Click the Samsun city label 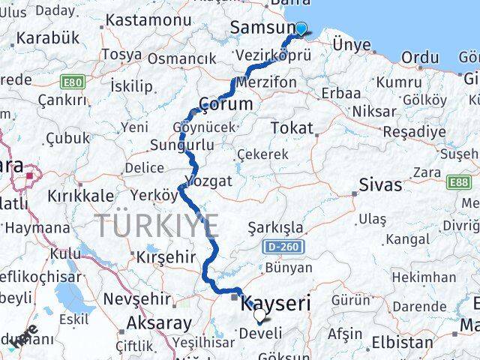pyautogui.click(x=261, y=28)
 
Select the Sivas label pyautogui.click(x=380, y=184)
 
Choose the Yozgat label pyautogui.click(x=209, y=181)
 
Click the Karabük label pyautogui.click(x=43, y=38)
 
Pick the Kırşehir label pyautogui.click(x=165, y=256)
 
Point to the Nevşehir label pyautogui.click(x=135, y=298)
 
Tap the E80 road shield pyautogui.click(x=73, y=81)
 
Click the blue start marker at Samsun pyautogui.click(x=301, y=29)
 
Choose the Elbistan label pyautogui.click(x=408, y=343)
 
